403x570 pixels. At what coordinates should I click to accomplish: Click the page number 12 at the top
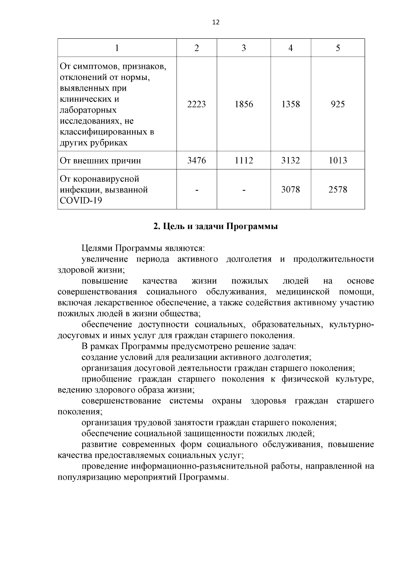click(216, 23)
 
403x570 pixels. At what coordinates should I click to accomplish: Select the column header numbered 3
click(243, 48)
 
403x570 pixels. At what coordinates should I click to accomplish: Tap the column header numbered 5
click(338, 48)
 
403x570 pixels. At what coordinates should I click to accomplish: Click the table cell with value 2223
click(196, 104)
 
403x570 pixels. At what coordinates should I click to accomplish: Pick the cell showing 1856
click(243, 104)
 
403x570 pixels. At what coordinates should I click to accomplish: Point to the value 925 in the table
click(338, 104)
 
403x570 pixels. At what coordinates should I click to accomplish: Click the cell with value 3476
click(196, 161)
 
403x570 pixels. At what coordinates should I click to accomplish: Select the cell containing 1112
click(243, 161)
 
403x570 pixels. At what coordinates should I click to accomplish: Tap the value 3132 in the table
click(290, 161)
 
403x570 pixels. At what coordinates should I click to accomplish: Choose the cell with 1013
click(338, 161)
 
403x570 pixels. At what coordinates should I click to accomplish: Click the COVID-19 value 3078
click(290, 190)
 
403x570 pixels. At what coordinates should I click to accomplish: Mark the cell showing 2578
click(338, 190)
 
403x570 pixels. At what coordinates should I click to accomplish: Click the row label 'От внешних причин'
click(100, 161)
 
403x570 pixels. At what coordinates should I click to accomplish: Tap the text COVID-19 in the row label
click(81, 201)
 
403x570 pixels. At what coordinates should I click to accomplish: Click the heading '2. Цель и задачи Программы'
click(215, 226)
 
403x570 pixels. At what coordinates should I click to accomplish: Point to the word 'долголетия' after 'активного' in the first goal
click(249, 259)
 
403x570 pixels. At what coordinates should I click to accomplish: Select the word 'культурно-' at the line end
click(352, 325)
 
